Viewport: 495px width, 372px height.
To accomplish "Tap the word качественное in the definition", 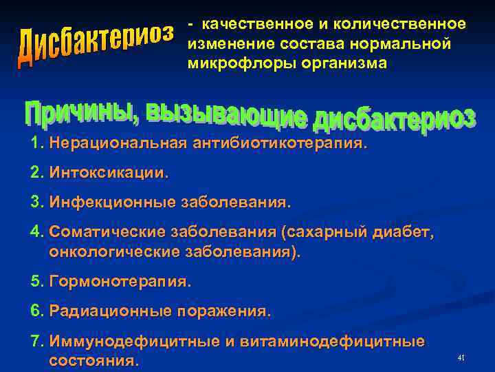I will point(256,24).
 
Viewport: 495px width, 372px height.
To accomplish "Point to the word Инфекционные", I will point(113,203).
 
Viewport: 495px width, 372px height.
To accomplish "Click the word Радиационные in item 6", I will point(110,311).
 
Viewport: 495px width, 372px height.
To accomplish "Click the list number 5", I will point(36,281).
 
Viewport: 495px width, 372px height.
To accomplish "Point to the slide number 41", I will point(461,358).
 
